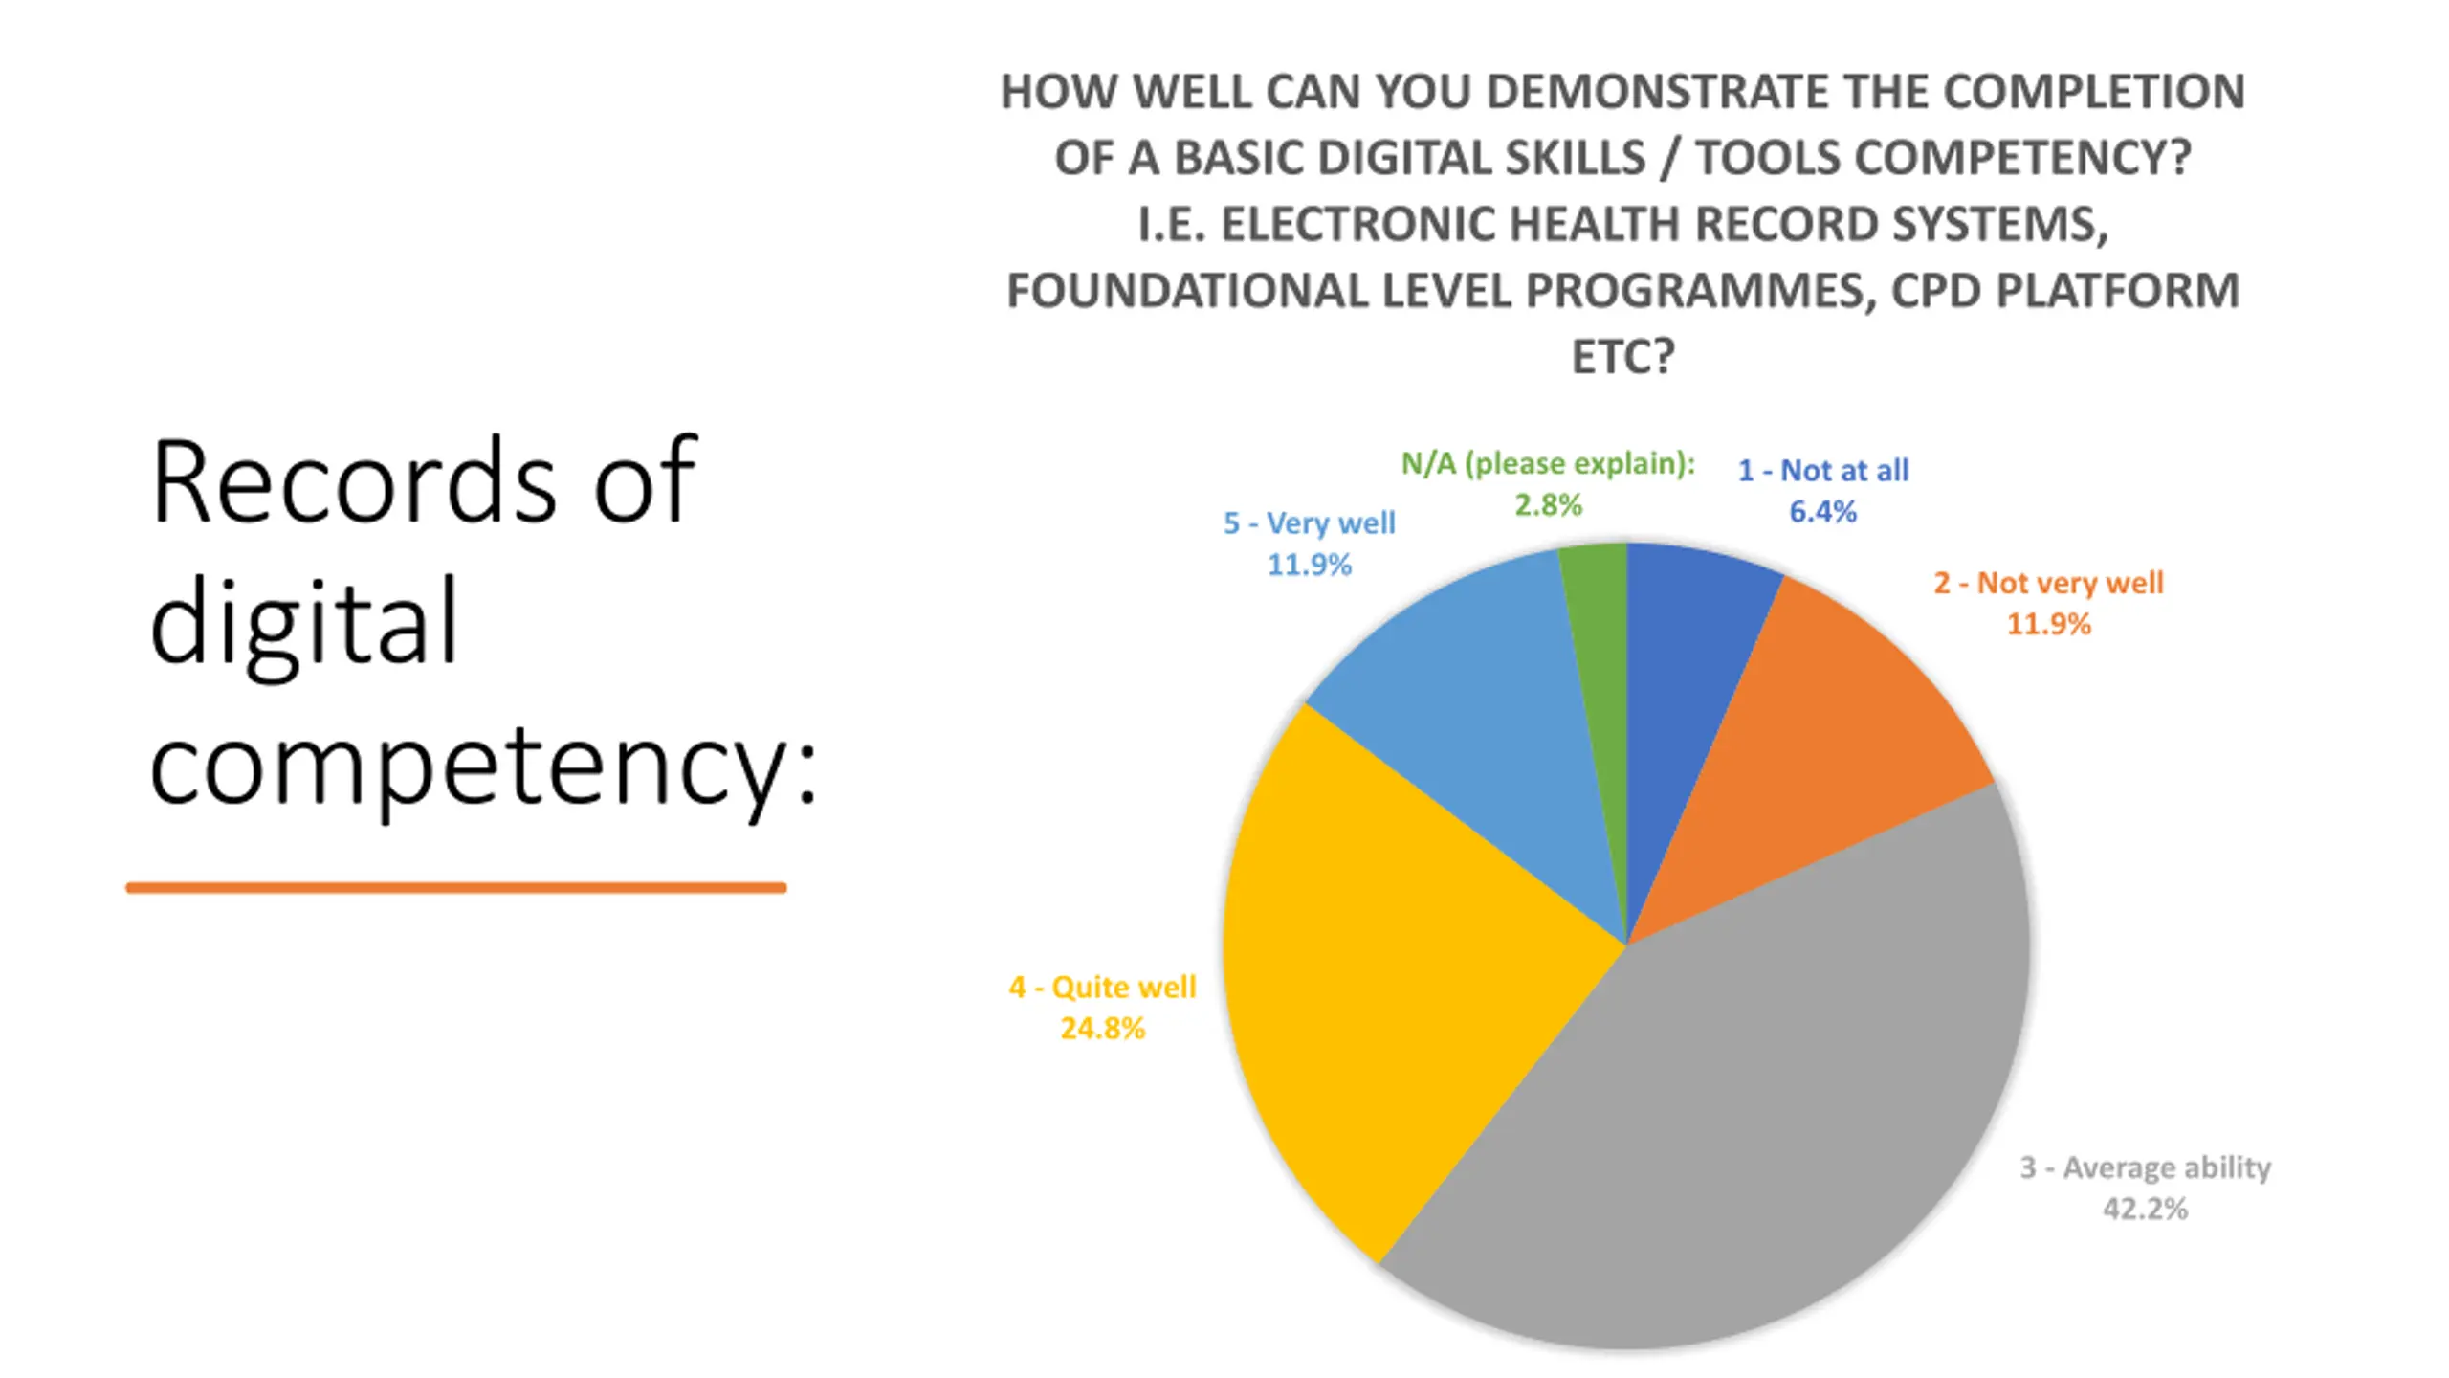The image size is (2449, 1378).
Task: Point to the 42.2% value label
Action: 2145,1209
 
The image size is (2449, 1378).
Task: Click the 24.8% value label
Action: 1102,1029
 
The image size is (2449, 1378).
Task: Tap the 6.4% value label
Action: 1822,512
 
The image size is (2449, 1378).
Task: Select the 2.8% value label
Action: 1548,505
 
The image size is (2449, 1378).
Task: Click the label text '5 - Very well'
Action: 1309,523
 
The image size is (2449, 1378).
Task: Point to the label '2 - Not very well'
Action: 2048,583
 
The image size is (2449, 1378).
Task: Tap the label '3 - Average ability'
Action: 2145,1167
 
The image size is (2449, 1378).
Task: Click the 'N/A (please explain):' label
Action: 1548,464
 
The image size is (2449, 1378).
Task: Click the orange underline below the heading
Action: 456,888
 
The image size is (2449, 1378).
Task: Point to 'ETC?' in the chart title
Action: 1622,357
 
